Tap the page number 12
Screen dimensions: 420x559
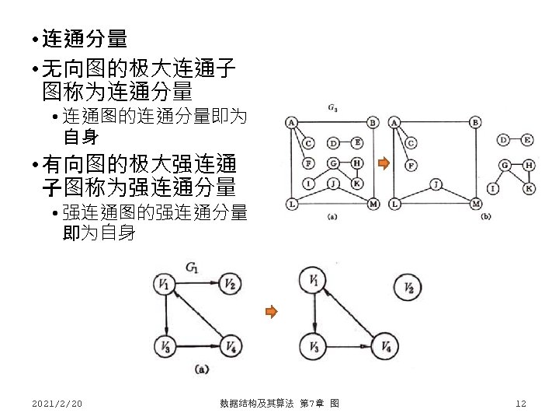coord(521,403)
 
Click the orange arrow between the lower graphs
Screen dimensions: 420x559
coord(270,313)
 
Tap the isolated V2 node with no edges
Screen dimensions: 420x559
coord(408,289)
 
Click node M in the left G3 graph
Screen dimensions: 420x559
coord(373,204)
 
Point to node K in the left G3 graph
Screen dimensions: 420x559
coord(357,184)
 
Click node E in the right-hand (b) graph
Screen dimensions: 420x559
coord(528,140)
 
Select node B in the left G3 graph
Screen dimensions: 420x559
coord(373,123)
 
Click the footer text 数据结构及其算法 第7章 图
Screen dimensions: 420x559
coord(278,403)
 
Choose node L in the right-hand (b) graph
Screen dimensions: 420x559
coord(395,204)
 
